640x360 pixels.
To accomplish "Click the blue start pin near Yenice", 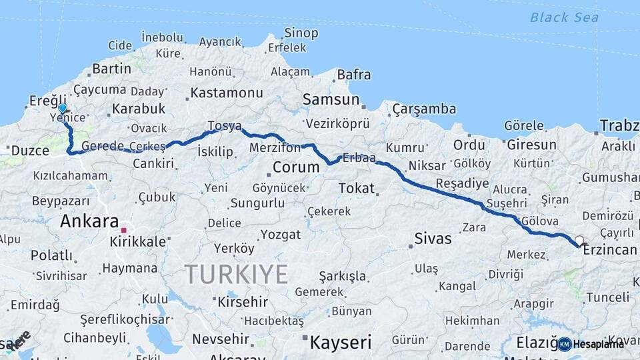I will tap(62, 109).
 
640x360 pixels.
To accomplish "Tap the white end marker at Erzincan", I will tap(579, 241).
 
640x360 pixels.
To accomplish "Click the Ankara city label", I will tap(89, 221).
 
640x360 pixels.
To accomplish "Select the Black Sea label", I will tap(564, 17).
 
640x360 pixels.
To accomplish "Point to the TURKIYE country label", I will tap(236, 274).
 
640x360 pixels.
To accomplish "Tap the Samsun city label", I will tap(331, 99).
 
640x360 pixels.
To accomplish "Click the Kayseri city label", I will tap(340, 343).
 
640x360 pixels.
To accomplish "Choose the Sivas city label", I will tap(433, 238).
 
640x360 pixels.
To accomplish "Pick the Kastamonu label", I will tap(227, 93).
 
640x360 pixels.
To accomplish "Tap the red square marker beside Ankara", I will tap(123, 230).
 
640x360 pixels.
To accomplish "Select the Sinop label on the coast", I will tap(301, 33).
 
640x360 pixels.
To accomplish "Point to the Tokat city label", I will tap(356, 188).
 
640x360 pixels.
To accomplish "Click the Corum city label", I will tap(297, 165).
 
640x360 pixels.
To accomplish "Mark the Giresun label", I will tap(531, 145).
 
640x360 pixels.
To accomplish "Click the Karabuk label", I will tap(139, 108).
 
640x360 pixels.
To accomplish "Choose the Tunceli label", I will tap(606, 297).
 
